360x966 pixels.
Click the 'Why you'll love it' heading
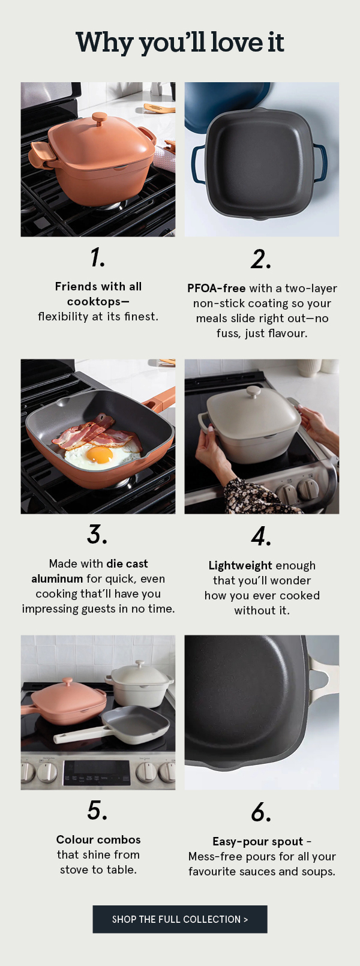tap(180, 43)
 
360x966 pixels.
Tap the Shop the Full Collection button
tap(180, 919)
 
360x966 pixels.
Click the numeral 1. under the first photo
tap(98, 257)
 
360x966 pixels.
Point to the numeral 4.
tap(261, 536)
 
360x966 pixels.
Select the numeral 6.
tap(261, 812)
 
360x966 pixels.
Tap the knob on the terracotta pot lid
tap(100, 119)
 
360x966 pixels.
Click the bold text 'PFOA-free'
tap(217, 288)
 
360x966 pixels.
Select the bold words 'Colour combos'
tap(98, 839)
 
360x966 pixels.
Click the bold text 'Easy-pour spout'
tap(258, 842)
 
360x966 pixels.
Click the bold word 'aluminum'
tap(57, 579)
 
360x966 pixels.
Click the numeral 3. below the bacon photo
tap(97, 535)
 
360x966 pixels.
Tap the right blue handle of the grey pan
tap(320, 162)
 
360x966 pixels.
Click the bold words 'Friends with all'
tap(98, 286)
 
